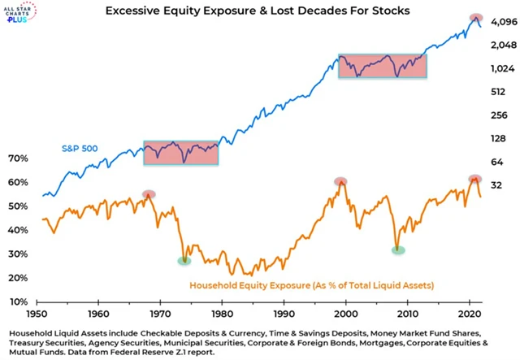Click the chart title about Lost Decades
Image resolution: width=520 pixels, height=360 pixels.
(x=267, y=12)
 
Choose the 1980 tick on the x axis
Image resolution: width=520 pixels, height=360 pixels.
(x=222, y=314)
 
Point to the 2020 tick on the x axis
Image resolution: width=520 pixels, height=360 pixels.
(x=470, y=314)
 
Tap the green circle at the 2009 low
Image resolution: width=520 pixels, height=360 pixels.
(x=398, y=250)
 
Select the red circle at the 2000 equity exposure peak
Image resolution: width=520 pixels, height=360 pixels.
(x=341, y=181)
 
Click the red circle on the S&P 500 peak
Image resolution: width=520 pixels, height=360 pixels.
(x=475, y=18)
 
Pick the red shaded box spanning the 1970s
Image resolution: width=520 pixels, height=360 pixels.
(x=181, y=153)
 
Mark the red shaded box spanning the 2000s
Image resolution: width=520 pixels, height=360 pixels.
(x=382, y=67)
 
